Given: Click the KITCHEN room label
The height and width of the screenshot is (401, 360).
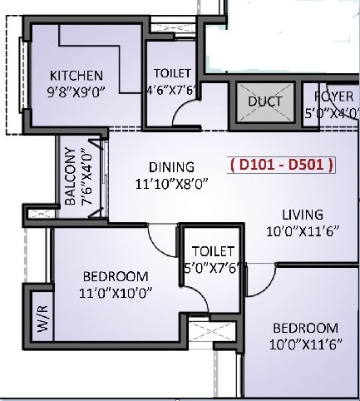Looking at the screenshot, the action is (x=76, y=76).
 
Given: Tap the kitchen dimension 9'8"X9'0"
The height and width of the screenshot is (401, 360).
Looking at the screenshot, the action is (x=76, y=92).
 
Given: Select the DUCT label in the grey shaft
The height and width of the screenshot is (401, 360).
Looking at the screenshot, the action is (x=265, y=101).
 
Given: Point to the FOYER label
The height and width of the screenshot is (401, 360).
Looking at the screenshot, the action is (x=333, y=97).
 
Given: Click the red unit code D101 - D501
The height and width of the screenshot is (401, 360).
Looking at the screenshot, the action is (x=282, y=165).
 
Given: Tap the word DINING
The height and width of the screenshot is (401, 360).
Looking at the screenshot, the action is (x=171, y=167).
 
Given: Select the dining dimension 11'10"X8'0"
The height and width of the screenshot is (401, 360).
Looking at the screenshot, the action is (x=171, y=184).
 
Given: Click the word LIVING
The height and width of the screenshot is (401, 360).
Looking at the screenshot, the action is (x=303, y=215).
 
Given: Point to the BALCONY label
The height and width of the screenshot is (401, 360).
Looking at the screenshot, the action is (x=70, y=176).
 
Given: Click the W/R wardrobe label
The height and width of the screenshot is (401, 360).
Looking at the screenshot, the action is (x=43, y=319).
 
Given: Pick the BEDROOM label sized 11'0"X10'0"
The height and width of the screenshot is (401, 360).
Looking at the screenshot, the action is (x=116, y=276).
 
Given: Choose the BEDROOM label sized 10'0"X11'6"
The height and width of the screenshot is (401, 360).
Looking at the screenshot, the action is (x=305, y=328).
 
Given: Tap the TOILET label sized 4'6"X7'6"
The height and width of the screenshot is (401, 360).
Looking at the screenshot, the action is (x=172, y=73).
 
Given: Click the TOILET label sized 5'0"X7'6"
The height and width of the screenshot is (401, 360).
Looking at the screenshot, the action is (x=213, y=251).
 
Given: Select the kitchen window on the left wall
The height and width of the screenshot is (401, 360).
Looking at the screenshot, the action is (x=23, y=75).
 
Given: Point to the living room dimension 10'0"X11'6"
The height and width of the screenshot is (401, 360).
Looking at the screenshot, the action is (x=303, y=231).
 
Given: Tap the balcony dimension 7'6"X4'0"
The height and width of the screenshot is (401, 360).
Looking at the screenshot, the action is (x=86, y=176).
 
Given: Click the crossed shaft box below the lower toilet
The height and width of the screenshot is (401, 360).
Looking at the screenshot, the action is (x=212, y=331).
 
